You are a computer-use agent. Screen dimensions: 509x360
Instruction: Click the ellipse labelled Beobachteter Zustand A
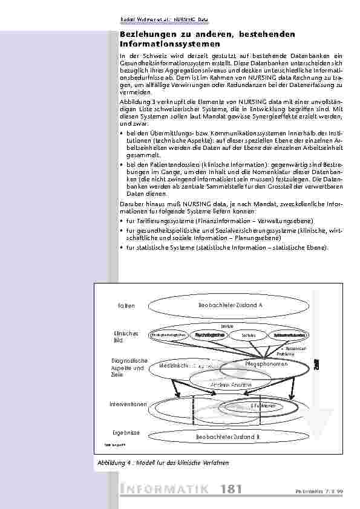point(230,305)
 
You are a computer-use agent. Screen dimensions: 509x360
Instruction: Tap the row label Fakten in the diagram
point(126,306)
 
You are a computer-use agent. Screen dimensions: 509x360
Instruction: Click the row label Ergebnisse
point(126,433)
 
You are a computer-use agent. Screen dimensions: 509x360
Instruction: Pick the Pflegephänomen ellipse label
point(266,364)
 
